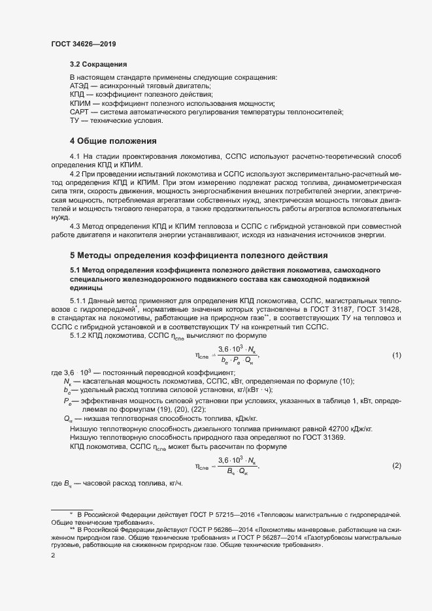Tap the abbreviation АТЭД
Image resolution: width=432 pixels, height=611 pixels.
pos(80,86)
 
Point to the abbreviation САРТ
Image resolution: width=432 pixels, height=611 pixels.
pos(80,112)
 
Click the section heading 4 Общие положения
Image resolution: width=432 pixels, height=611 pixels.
pos(113,140)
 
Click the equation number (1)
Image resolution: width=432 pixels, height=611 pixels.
pos(396,355)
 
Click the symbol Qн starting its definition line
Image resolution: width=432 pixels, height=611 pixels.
pos(68,419)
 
